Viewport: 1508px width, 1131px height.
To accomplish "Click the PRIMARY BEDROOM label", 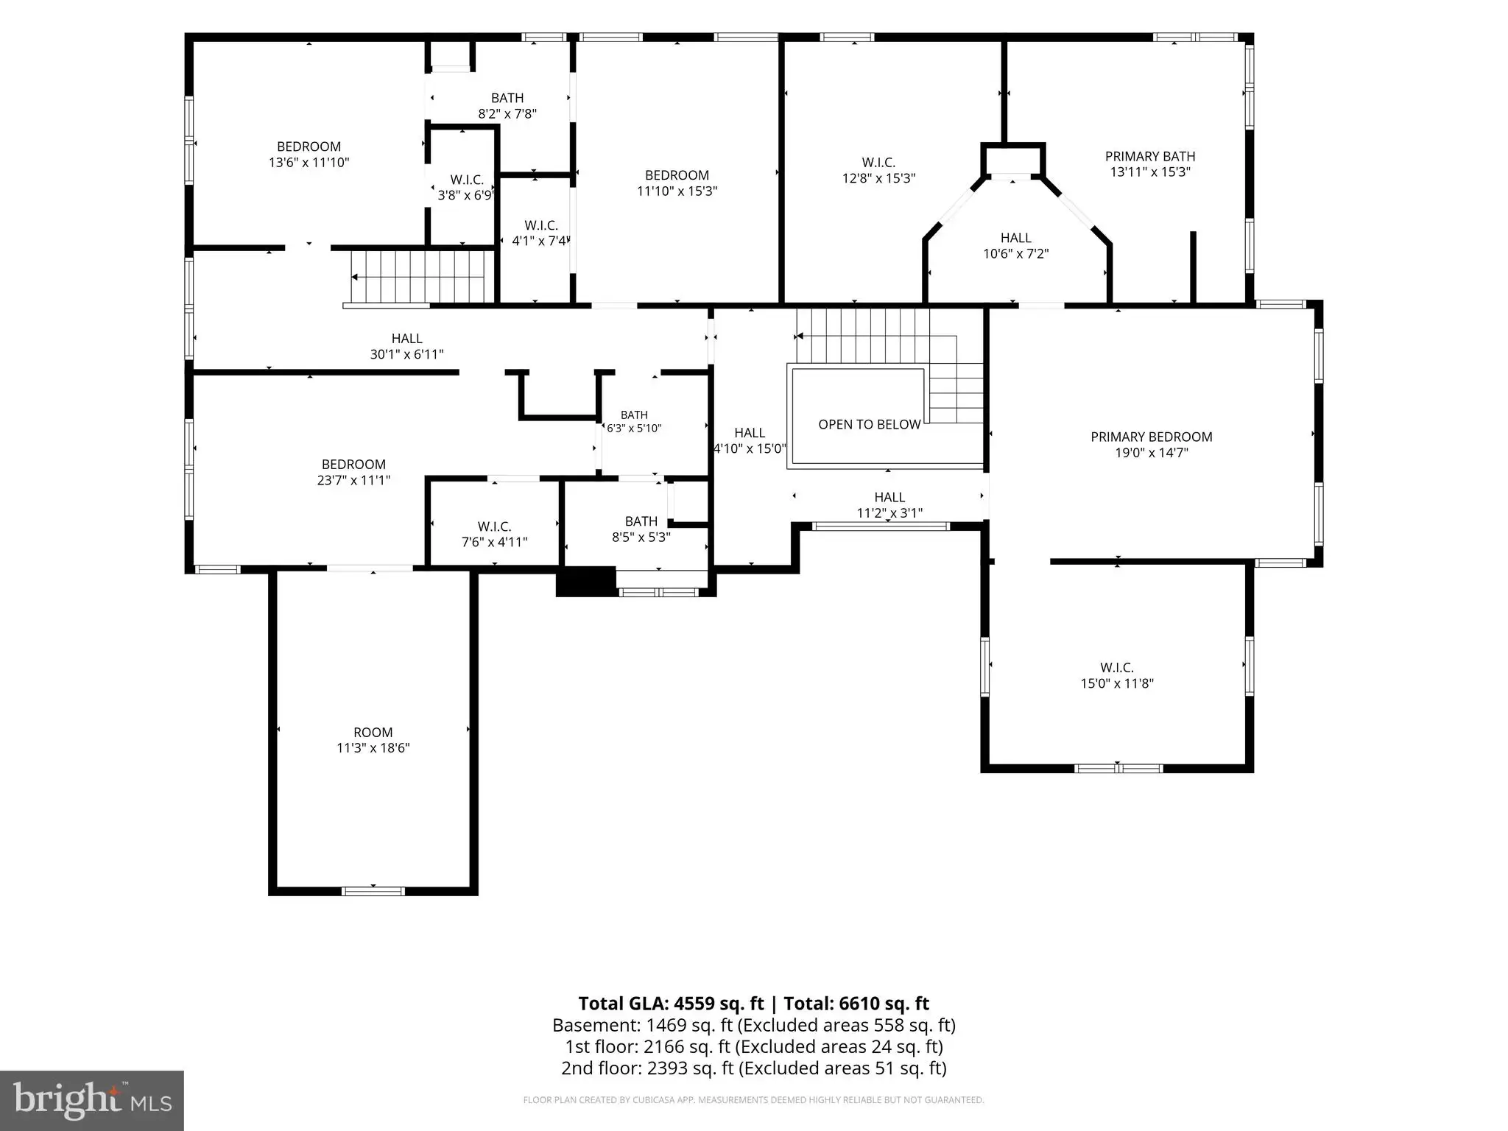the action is coord(1151,437).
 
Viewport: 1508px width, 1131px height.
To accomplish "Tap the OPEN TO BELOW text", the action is coord(870,425).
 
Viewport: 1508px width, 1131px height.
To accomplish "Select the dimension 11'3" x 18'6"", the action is coord(373,748).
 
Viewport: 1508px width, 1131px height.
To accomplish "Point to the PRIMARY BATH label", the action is coord(1150,156).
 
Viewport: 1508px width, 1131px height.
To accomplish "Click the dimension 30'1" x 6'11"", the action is coord(406,354).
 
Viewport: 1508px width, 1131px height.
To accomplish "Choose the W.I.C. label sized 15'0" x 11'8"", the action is coord(1117,668).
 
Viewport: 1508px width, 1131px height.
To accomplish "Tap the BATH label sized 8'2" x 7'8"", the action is coord(507,98).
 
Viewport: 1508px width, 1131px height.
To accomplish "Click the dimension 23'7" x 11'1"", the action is coord(353,480).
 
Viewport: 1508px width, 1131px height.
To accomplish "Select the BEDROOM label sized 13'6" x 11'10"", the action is coord(309,147).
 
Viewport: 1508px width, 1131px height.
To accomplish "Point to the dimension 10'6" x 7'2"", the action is coord(1016,254).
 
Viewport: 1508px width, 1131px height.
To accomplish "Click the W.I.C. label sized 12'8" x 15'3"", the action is coord(878,162).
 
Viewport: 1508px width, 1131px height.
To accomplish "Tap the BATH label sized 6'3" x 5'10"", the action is coord(634,415).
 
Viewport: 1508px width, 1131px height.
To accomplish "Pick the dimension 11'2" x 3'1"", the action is coord(889,513).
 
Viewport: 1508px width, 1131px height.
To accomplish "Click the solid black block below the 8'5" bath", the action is coord(586,581).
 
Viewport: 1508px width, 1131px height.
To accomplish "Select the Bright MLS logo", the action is coord(92,1101).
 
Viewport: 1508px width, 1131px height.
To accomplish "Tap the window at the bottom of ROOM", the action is coord(373,891).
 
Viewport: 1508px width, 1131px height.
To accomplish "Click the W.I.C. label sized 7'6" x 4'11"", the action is coord(494,526).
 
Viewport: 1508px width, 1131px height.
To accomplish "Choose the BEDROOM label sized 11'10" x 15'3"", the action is coord(677,175).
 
